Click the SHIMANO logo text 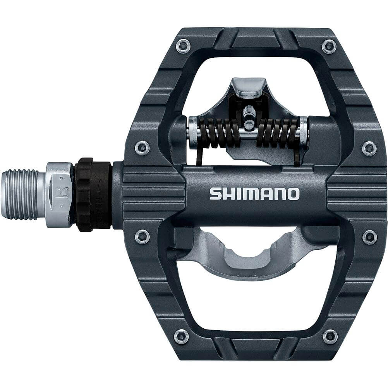254,194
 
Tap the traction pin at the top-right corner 329,46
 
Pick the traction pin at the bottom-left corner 181,336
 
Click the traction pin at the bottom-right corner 330,336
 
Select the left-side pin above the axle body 142,148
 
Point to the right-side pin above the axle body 369,148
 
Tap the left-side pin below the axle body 142,236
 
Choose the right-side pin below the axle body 369,237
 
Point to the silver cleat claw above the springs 248,86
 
